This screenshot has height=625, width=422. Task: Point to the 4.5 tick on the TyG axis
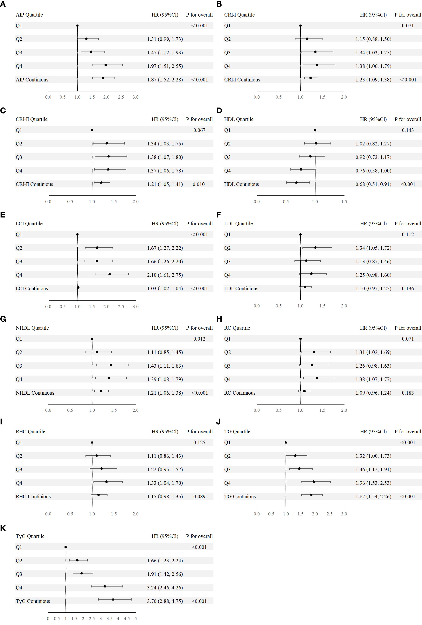(127, 618)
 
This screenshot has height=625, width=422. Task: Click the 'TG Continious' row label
(240, 496)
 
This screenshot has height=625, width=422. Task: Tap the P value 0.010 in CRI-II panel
(198, 184)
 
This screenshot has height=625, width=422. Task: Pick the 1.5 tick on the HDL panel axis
(344, 201)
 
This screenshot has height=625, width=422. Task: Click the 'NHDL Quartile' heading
(32, 328)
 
